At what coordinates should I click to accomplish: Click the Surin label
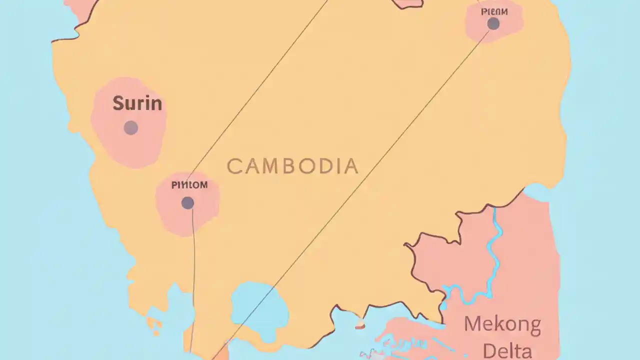(137, 103)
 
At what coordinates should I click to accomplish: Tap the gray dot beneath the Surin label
(131, 128)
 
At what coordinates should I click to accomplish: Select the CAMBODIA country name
(292, 166)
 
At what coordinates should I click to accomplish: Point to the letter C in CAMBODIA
(234, 166)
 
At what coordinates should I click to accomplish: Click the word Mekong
(502, 325)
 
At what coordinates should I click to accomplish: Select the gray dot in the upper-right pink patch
(493, 23)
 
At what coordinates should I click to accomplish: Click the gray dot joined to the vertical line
(187, 202)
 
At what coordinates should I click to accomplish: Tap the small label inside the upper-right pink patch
(494, 11)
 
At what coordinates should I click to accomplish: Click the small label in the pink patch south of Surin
(189, 185)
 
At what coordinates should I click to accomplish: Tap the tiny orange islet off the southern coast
(360, 326)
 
